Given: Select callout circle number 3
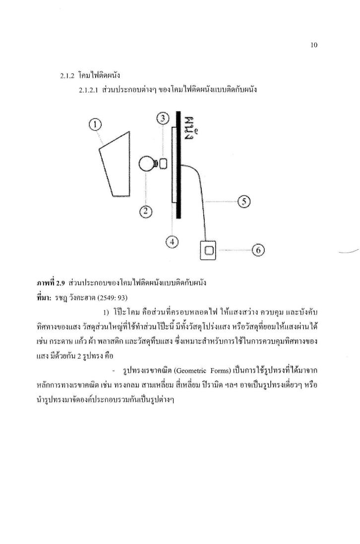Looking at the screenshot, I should click(x=164, y=119).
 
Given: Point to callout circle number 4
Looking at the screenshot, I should click(x=172, y=242).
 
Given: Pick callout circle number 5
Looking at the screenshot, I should click(x=244, y=202).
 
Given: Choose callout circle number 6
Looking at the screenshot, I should click(x=258, y=251).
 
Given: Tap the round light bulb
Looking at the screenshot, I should click(x=147, y=164).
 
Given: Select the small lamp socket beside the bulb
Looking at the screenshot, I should click(x=164, y=163).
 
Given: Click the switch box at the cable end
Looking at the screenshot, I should click(x=209, y=250).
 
